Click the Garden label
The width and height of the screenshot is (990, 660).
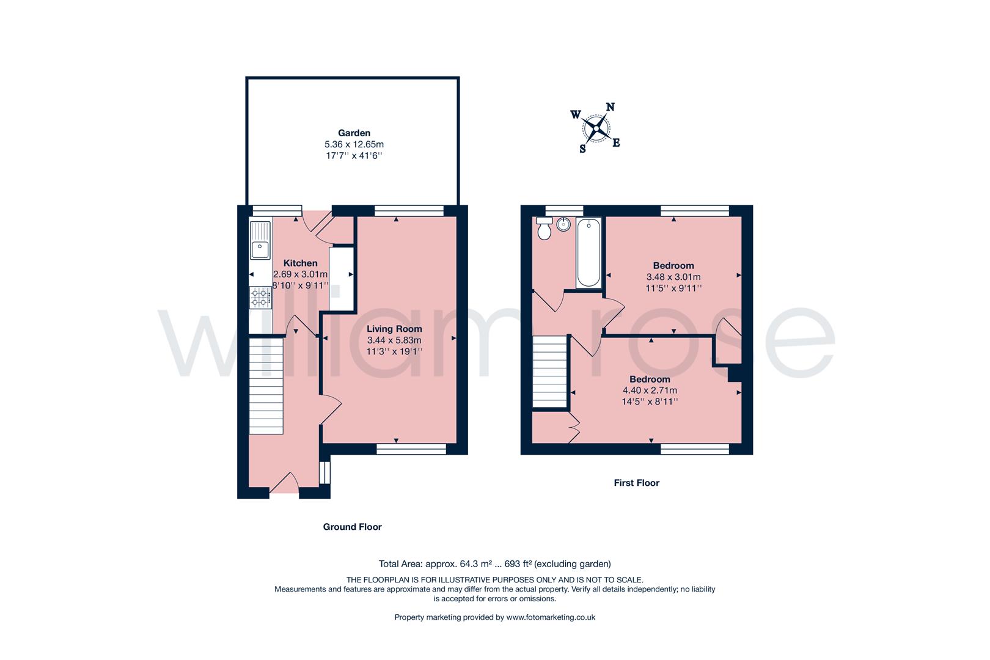354,133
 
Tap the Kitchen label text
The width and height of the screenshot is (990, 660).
300,263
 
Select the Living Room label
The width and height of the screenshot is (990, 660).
394,329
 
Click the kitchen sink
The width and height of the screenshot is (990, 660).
260,240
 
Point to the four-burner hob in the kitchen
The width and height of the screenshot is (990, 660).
260,298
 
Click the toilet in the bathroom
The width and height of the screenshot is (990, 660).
544,228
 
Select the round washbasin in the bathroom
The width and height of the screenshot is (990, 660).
563,224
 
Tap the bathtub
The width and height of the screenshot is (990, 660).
588,253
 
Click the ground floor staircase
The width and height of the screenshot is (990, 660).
266,386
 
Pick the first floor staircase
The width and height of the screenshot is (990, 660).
549,372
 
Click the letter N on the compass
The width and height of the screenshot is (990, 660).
610,107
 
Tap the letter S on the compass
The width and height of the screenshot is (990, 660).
582,149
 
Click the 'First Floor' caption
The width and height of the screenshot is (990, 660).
636,483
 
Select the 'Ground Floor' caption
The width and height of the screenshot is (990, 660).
352,527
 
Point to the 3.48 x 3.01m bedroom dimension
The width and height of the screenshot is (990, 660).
673,277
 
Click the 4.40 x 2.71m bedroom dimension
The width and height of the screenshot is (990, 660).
650,391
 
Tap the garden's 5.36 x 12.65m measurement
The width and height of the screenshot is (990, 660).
354,145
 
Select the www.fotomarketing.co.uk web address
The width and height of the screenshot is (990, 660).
551,618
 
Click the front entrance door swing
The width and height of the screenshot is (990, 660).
284,482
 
